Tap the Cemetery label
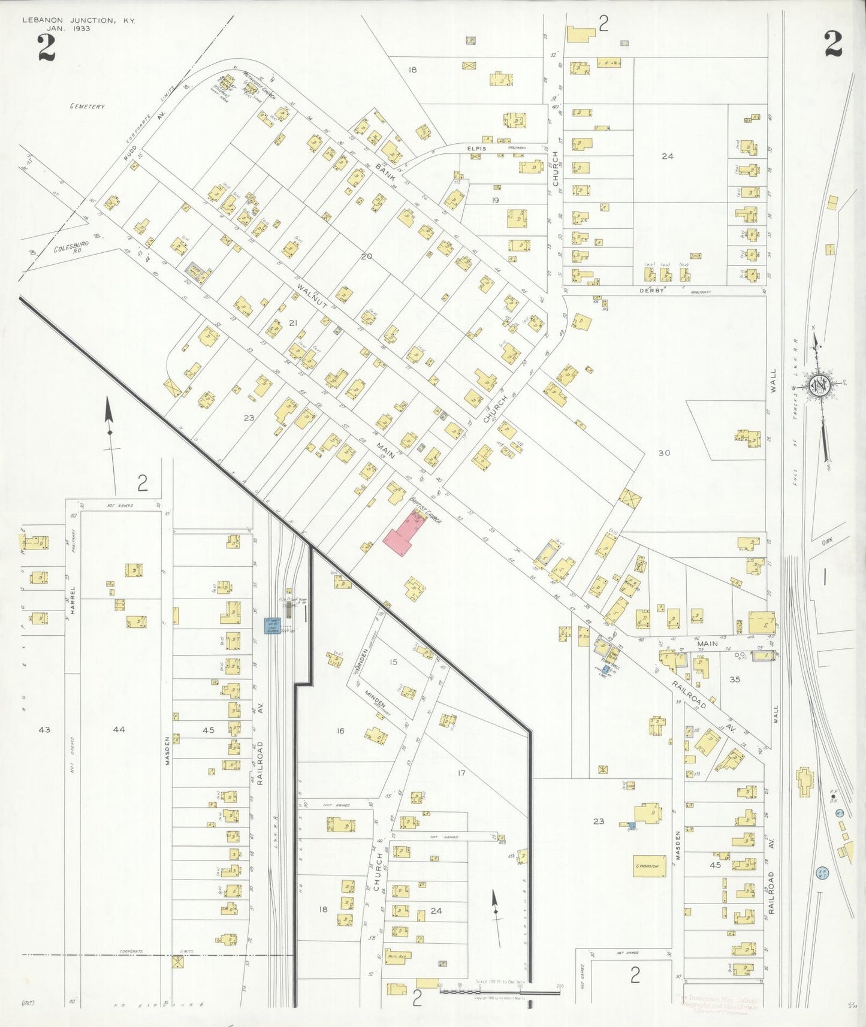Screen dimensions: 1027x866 [87, 107]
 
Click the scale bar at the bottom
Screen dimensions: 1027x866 [500, 992]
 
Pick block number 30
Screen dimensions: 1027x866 [664, 453]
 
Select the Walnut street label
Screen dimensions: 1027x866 [311, 297]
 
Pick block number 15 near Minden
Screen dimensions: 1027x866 [393, 662]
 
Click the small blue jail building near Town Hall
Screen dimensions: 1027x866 [606, 669]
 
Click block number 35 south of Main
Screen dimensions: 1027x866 [735, 679]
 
